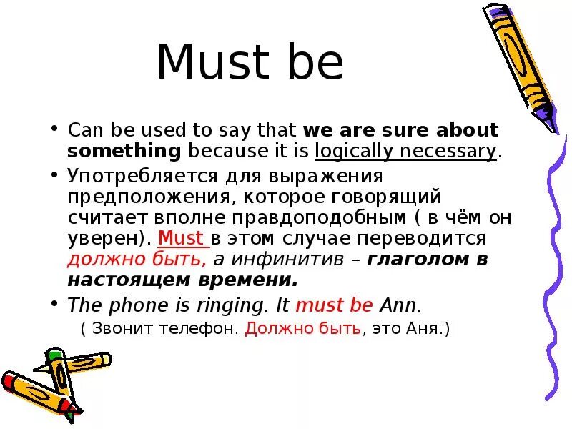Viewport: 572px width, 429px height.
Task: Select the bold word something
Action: click(x=124, y=151)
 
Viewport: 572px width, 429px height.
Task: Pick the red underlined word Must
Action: click(x=180, y=238)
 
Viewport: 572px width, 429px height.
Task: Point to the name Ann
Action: click(x=398, y=305)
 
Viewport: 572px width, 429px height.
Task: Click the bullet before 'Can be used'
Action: click(x=54, y=131)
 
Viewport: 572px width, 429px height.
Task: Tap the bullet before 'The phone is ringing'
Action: click(x=54, y=305)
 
